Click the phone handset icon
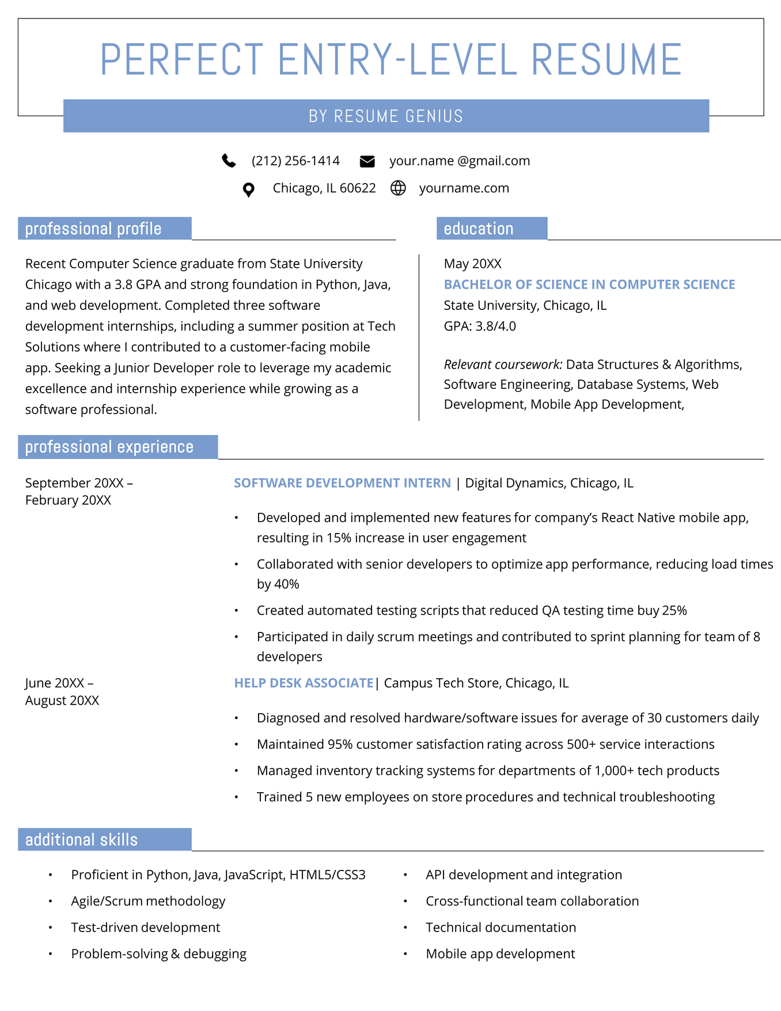229,161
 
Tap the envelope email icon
367,161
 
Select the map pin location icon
248,190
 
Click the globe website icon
398,188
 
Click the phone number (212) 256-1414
295,161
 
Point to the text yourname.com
464,188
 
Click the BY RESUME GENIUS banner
386,116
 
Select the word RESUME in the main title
606,60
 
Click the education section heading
479,229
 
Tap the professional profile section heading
93,229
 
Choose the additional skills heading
82,839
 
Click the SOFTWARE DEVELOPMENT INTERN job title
342,483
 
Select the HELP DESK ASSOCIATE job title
304,683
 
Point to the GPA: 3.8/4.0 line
480,326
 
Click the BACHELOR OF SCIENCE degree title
589,284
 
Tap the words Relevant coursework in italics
503,364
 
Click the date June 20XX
56,683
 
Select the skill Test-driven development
145,927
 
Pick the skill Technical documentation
501,927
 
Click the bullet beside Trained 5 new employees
236,797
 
